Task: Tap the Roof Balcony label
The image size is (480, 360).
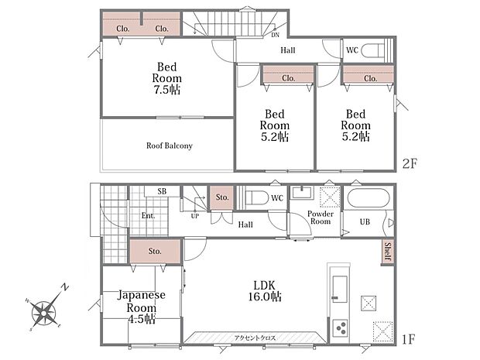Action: coord(170,146)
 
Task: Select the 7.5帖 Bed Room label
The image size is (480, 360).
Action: coord(166,78)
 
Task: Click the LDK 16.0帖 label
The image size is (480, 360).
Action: coord(265,291)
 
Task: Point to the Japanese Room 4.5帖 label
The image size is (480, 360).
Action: coord(142,307)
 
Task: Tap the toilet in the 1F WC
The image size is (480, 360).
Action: coord(257,197)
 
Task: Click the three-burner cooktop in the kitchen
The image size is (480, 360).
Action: coord(341,327)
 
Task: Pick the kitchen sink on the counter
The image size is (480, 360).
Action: coord(340,289)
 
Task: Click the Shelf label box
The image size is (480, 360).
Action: coord(388,252)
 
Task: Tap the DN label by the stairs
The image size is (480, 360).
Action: coord(275,35)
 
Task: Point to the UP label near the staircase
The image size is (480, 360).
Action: coord(195,216)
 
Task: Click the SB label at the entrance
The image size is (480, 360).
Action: coord(162,191)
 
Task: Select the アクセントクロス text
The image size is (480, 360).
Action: coord(255,338)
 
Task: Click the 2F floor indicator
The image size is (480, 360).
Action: coord(410,164)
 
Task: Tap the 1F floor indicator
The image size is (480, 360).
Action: coord(408,339)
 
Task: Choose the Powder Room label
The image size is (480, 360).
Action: coord(321,218)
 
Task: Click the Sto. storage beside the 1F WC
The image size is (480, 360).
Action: coord(221,197)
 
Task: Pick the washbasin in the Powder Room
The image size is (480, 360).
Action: coord(301,193)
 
